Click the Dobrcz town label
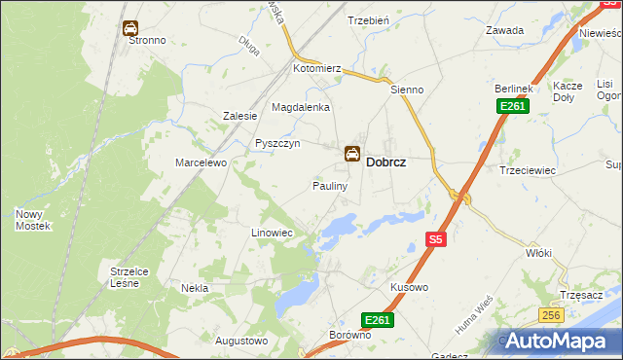coord(385,164)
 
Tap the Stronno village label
coord(145,41)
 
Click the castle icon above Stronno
coord(130,28)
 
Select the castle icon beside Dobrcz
coord(351,154)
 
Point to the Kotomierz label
coord(317,69)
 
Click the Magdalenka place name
coord(301,107)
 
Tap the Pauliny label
coord(330,186)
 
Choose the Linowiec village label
coord(272,234)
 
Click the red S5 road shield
coord(436,239)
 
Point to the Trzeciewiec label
coord(527,170)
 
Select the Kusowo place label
coord(409,288)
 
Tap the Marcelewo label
coord(201,162)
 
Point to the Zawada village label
coord(505,30)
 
